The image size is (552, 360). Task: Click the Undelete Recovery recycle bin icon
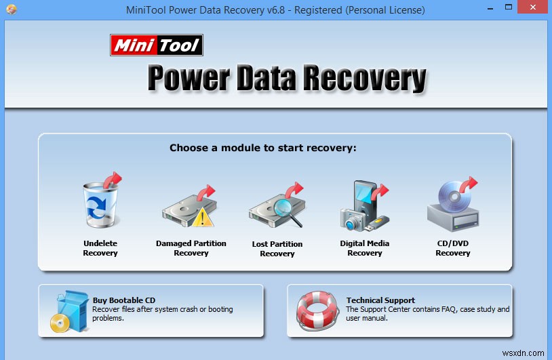pos(100,205)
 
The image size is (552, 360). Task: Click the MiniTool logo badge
pos(157,45)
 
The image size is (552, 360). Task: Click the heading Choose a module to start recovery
pos(263,148)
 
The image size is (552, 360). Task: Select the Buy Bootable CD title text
pos(124,300)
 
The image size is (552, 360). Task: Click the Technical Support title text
pos(380,300)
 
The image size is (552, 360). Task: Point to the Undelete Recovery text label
pos(100,248)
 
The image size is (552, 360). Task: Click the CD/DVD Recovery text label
pos(453,248)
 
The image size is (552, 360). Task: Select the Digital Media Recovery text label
pos(365,248)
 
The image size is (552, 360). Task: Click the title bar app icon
pos(12,10)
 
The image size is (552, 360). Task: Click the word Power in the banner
pos(187,78)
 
